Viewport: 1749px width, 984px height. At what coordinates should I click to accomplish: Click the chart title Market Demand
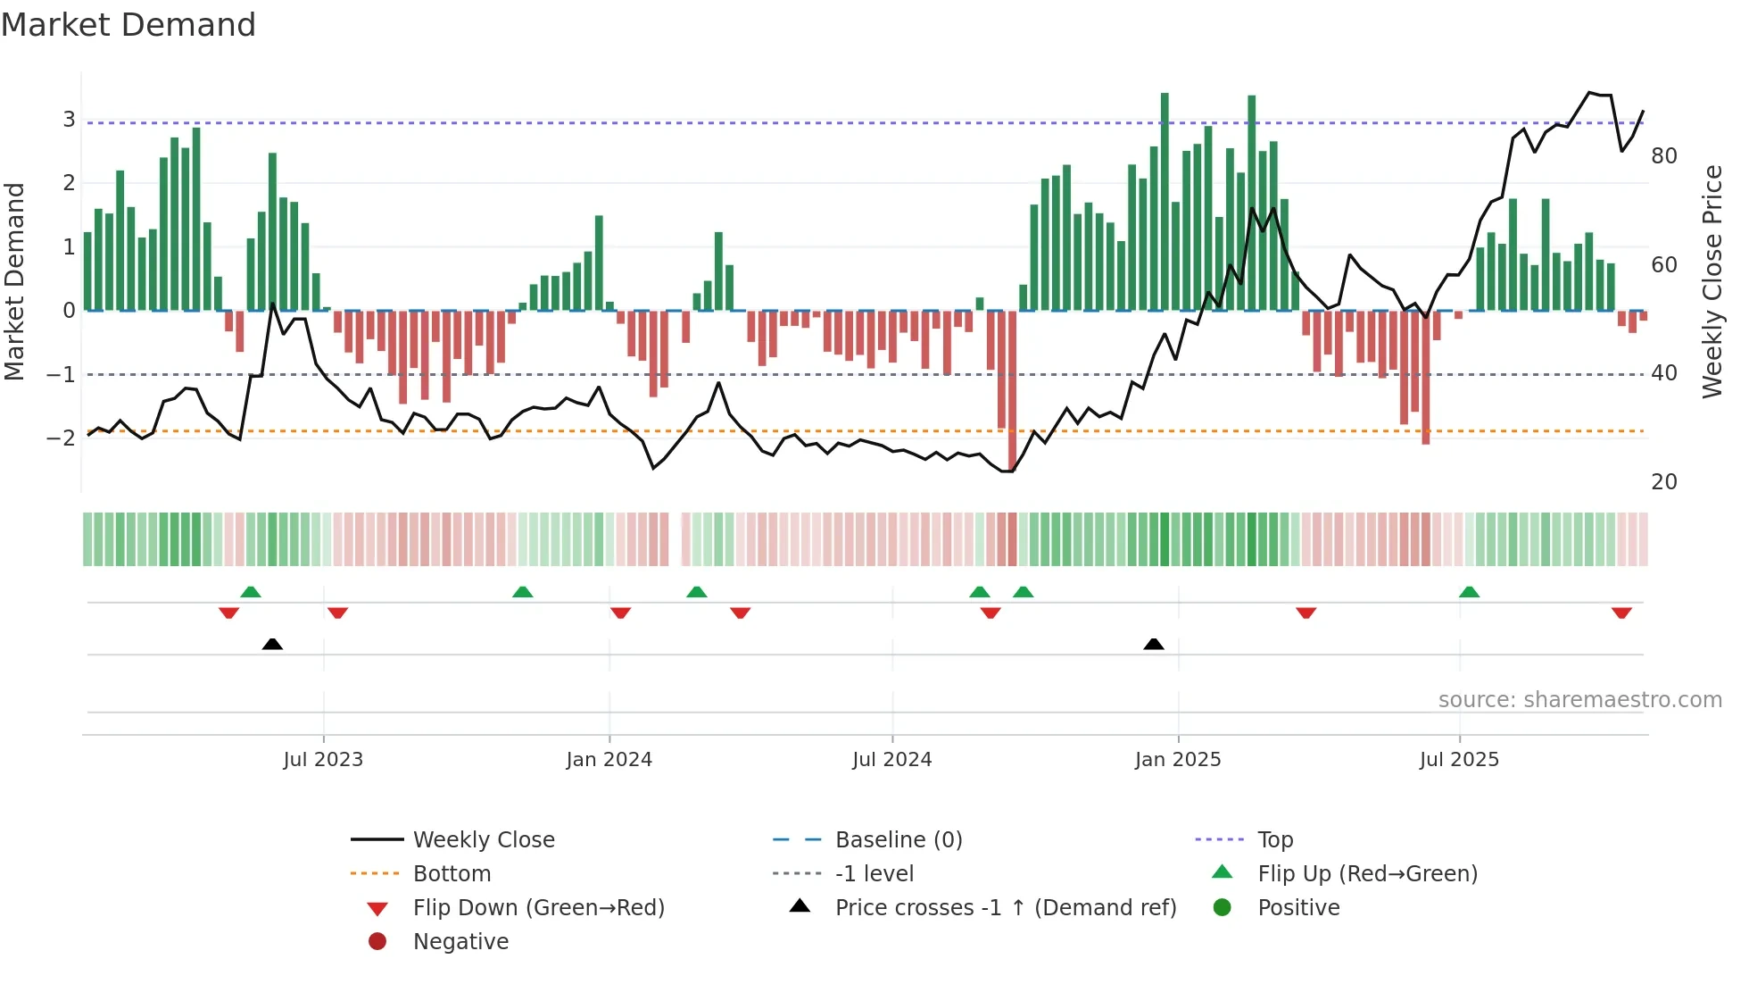coord(128,25)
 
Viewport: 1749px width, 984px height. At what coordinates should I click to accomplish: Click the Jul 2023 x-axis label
coord(323,760)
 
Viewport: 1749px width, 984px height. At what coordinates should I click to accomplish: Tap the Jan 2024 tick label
coord(609,760)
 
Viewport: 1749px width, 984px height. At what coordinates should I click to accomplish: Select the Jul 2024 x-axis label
coord(891,760)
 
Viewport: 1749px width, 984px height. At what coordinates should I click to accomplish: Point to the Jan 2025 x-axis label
coord(1177,760)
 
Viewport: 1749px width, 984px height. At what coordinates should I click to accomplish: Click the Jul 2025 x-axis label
coord(1459,760)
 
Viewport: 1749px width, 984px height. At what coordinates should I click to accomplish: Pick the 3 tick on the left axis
coord(69,120)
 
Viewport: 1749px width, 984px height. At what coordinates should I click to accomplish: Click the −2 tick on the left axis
coord(61,438)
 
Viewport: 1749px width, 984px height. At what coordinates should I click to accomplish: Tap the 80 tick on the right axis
coord(1663,156)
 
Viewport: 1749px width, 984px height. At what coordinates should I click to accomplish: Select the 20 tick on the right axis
coord(1663,482)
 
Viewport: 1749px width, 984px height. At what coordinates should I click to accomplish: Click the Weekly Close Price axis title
coord(1712,281)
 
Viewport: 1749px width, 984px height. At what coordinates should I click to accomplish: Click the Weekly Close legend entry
coord(483,840)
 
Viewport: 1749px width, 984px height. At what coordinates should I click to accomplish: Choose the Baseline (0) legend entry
coord(898,840)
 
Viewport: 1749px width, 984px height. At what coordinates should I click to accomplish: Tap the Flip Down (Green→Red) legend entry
coord(538,908)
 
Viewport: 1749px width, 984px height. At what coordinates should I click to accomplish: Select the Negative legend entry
coord(460,942)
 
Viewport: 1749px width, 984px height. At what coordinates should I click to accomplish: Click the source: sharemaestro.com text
coord(1579,700)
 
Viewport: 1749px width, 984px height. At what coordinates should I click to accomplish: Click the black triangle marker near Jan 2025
coord(1154,644)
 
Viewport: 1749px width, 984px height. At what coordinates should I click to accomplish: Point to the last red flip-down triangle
coord(1621,613)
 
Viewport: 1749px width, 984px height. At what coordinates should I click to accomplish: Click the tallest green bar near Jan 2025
coord(1165,201)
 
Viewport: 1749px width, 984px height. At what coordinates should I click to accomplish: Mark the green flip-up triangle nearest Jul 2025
coord(1469,592)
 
